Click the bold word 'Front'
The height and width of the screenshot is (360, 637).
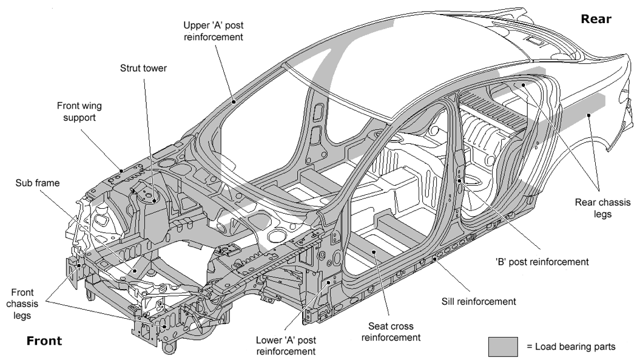click(44, 341)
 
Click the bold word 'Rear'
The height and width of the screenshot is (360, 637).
click(596, 19)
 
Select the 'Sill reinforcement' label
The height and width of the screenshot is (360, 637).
click(478, 301)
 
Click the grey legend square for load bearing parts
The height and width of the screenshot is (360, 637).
click(503, 346)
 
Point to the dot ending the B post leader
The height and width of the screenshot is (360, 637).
click(460, 180)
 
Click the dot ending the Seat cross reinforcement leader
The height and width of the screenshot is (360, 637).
click(374, 250)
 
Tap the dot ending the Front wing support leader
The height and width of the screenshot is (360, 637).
click(123, 171)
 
